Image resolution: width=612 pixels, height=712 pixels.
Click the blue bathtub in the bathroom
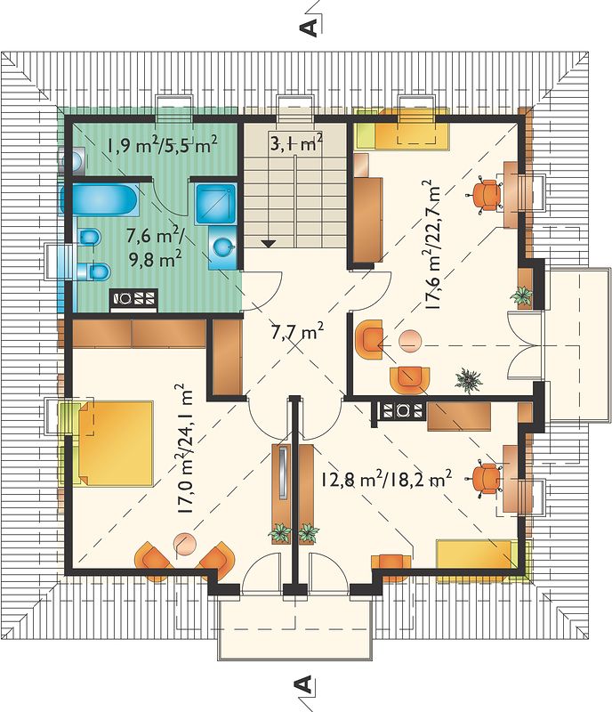coord(101,199)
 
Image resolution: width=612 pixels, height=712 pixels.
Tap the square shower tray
coord(216,204)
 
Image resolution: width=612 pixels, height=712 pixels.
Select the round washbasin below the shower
coord(223,247)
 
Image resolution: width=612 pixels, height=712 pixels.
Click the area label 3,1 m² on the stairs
coord(296,143)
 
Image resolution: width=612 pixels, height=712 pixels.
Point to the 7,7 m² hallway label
coord(297,333)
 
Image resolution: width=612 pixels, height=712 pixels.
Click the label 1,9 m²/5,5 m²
coord(162,145)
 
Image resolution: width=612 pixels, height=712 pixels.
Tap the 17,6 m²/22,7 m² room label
coord(433,246)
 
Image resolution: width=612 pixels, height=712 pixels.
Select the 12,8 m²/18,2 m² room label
coord(386,480)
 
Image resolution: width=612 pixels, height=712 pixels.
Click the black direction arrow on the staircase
coord(270,243)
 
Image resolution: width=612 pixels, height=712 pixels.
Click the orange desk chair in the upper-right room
coord(485,194)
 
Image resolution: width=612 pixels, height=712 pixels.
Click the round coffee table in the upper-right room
coord(410,341)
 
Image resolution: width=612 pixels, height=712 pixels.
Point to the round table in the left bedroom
coord(185,544)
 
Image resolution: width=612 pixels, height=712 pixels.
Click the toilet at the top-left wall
coord(74,160)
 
